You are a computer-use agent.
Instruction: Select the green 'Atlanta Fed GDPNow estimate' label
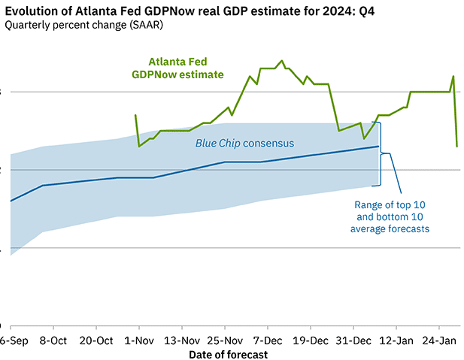click(x=177, y=68)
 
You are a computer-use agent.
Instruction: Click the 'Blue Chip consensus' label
click(x=244, y=143)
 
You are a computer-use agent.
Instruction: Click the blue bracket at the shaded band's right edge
click(x=383, y=153)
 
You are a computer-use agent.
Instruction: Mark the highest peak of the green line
click(x=282, y=60)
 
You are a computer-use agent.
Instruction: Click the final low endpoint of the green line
click(x=457, y=147)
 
